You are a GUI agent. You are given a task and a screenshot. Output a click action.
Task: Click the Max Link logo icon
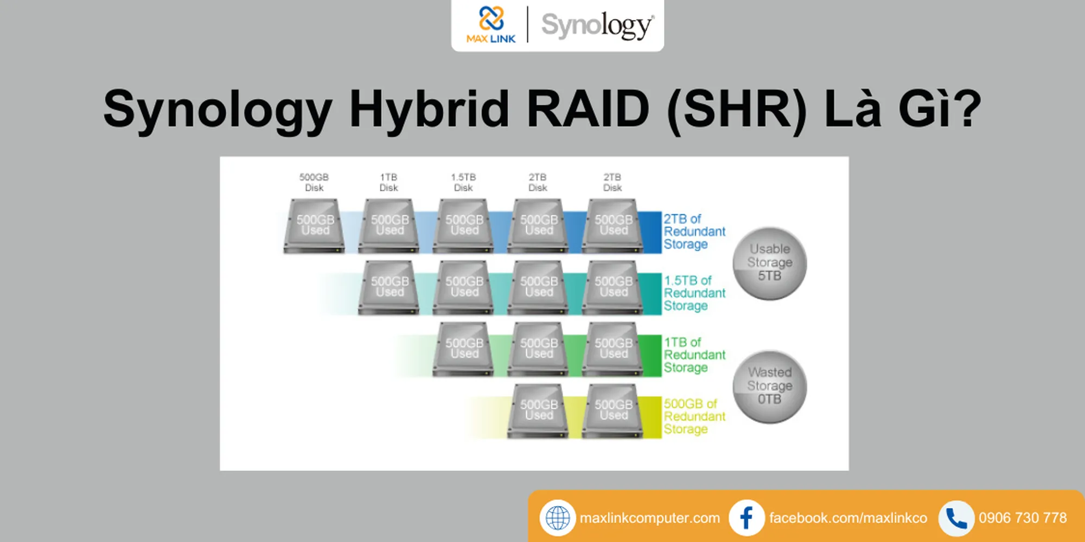tap(491, 19)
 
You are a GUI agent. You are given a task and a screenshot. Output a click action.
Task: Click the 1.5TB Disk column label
tap(463, 182)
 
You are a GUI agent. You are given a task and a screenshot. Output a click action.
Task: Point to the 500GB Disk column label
tap(314, 182)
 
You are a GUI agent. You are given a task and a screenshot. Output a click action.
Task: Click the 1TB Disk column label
tap(388, 182)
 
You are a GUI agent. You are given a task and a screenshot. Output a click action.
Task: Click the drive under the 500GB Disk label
tap(315, 225)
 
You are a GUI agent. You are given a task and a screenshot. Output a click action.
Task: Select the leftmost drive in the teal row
tap(389, 287)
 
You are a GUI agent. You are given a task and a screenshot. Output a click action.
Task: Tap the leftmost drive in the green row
tap(464, 349)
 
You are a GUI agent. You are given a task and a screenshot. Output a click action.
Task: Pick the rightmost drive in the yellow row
tap(613, 410)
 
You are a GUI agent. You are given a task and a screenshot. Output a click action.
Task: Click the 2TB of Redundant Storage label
tap(694, 231)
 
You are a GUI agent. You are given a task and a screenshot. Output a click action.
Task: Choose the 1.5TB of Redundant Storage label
tap(694, 293)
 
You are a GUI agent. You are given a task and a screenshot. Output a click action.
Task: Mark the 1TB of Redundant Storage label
tap(694, 355)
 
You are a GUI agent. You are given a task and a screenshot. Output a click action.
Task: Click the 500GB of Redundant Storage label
tap(694, 416)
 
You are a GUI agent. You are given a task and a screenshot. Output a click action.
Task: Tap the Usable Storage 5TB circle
tap(769, 263)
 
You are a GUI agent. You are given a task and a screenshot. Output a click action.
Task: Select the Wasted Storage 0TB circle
tap(769, 386)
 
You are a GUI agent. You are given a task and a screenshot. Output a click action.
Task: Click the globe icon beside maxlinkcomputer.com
tap(557, 518)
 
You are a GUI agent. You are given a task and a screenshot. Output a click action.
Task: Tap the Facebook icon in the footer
tap(746, 518)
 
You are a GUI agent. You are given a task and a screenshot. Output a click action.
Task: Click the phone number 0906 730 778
tap(1023, 518)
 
